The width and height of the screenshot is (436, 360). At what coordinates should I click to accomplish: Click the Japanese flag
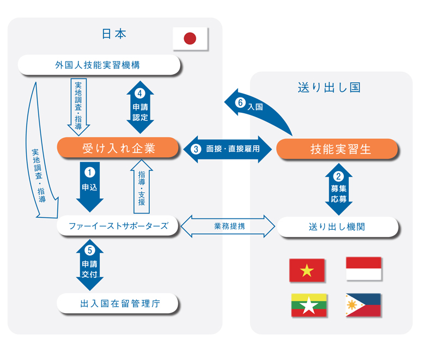tap(190, 38)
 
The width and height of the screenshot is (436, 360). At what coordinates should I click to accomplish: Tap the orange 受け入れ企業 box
tap(118, 148)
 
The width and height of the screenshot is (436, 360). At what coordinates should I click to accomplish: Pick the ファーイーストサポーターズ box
tap(118, 225)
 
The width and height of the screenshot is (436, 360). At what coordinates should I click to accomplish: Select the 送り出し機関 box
tap(338, 226)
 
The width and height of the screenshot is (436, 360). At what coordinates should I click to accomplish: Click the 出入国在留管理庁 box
tap(118, 303)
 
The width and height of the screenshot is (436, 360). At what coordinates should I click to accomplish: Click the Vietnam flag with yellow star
tap(307, 270)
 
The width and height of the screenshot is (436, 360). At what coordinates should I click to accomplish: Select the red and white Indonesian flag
tap(364, 269)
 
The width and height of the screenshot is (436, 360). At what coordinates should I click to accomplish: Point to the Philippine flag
tap(364, 306)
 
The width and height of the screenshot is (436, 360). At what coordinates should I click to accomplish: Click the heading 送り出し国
tap(329, 87)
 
